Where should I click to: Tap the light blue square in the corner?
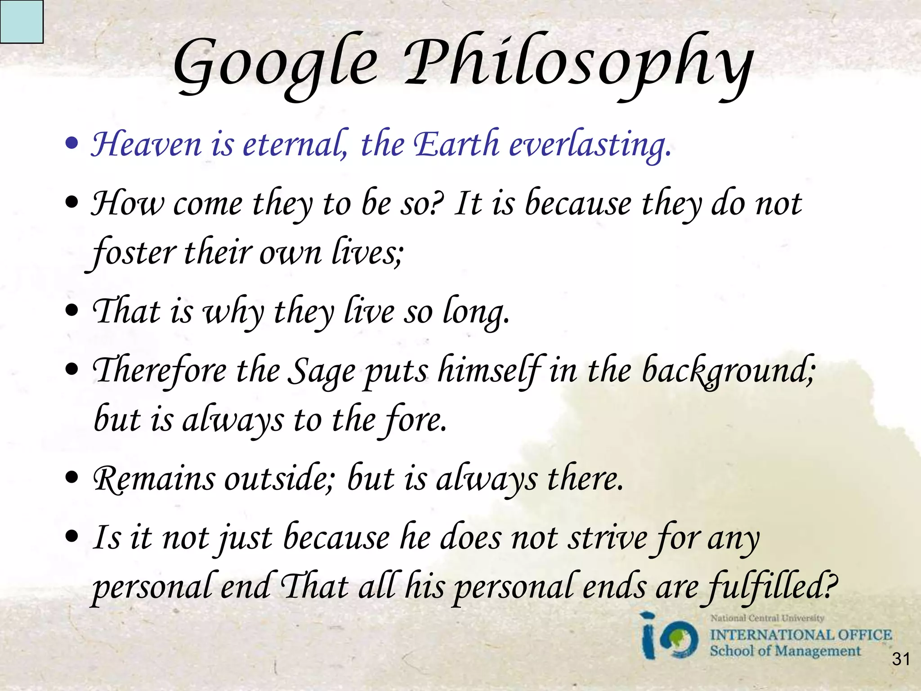[21, 21]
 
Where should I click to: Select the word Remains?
[154, 480]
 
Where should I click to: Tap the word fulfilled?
[772, 588]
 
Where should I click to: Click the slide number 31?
[901, 659]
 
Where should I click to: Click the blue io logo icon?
[670, 637]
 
